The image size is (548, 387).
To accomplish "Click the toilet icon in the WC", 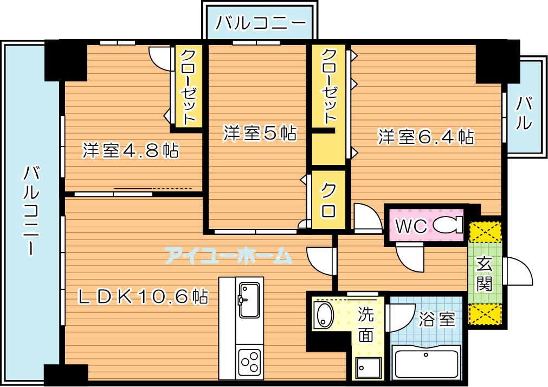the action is [448, 225].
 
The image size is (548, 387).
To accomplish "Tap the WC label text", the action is [411, 226].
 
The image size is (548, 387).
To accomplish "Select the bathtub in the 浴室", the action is [426, 362].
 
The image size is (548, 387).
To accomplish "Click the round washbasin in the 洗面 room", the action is [324, 315].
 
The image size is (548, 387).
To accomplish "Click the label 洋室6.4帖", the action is [426, 137].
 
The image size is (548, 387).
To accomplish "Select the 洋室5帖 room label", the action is [260, 134].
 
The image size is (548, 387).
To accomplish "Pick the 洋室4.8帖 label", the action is [130, 150].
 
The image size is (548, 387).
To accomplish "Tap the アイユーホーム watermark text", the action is [228, 256].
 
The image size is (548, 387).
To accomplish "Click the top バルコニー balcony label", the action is [260, 23].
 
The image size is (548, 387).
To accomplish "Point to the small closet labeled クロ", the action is [328, 200].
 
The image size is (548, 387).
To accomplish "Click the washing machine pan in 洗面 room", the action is [369, 367].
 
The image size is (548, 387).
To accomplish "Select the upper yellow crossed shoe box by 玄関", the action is [485, 232].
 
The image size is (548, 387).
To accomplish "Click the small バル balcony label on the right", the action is [524, 113].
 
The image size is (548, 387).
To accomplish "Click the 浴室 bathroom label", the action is [437, 319].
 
